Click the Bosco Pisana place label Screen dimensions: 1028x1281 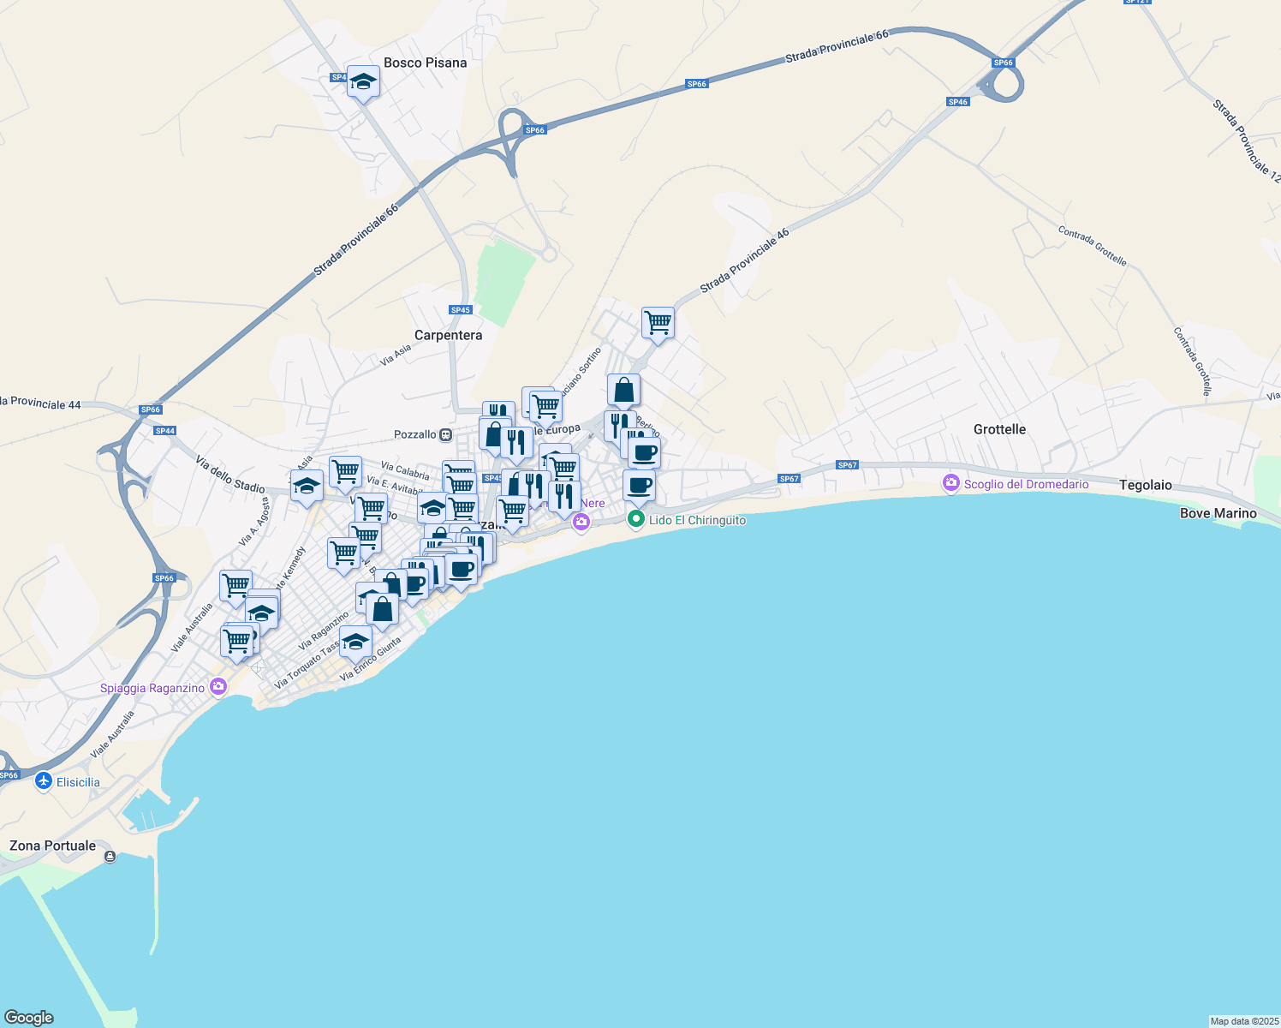click(x=425, y=63)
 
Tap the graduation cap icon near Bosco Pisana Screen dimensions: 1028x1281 click(x=363, y=82)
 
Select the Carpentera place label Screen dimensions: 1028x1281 click(x=448, y=335)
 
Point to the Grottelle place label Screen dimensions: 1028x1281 click(x=999, y=429)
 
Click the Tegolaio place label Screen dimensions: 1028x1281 click(x=1145, y=485)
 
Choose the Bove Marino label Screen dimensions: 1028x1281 click(x=1218, y=513)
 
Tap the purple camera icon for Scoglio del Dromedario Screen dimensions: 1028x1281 click(x=950, y=484)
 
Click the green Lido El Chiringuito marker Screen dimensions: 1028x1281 click(x=635, y=519)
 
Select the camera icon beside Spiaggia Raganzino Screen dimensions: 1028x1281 click(x=218, y=687)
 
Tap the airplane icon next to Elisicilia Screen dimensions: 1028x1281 click(x=44, y=781)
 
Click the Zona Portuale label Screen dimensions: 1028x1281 click(x=52, y=846)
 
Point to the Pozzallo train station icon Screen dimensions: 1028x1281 click(x=446, y=435)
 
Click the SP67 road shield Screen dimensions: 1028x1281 click(x=847, y=465)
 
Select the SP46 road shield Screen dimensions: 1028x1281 click(x=957, y=102)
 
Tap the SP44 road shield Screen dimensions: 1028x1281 click(x=164, y=431)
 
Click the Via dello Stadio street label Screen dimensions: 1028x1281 click(x=229, y=475)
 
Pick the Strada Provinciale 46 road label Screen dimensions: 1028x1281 click(x=744, y=261)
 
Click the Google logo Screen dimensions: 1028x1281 click(x=29, y=1017)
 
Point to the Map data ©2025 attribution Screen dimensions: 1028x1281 click(x=1243, y=1021)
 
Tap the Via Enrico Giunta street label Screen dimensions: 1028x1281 click(x=371, y=659)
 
